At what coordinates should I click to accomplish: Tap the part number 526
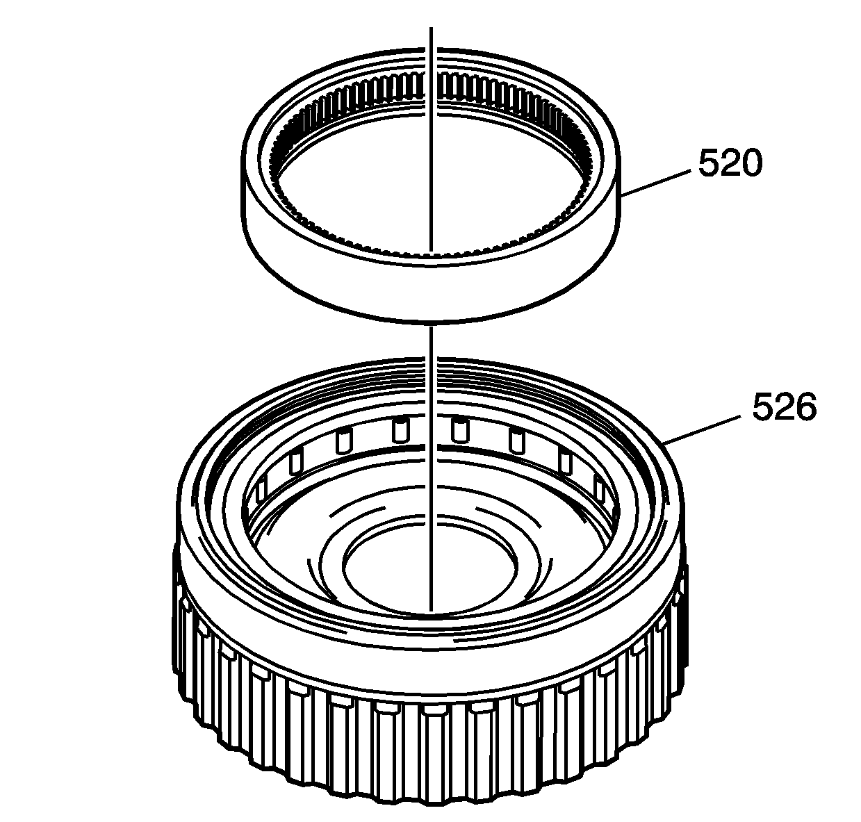coord(784,407)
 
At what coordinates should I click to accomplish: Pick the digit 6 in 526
coord(805,407)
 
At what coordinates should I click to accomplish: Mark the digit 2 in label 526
coord(784,407)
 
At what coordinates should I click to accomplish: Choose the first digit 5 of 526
coord(763,407)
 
